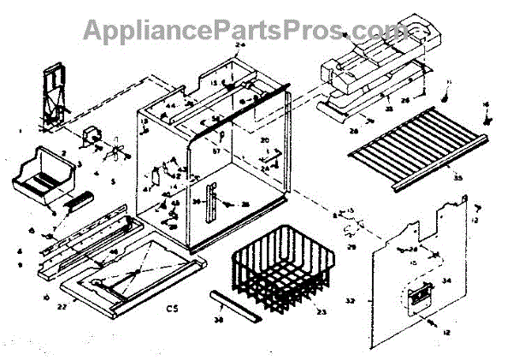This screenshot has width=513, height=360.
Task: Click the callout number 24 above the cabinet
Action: [239, 44]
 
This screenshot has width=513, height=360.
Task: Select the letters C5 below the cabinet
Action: [172, 308]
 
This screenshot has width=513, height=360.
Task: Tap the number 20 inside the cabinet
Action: [265, 140]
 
